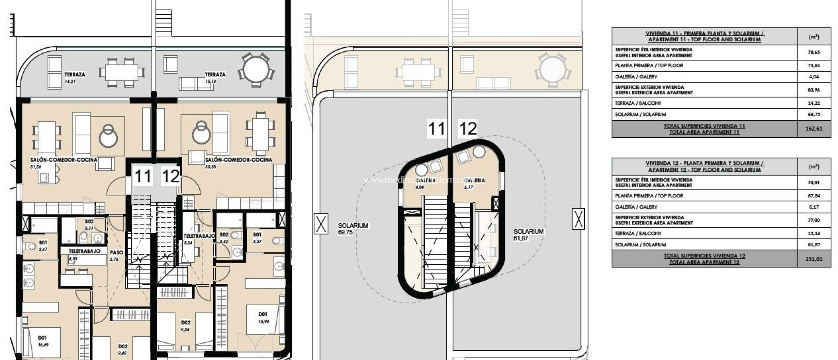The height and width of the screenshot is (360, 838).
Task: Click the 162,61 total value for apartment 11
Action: coord(813,128)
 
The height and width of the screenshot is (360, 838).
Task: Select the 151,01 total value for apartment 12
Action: coord(813,259)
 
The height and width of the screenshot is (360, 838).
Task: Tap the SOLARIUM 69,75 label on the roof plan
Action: coord(353,229)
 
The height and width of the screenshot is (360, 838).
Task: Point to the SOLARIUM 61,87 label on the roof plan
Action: coord(528,234)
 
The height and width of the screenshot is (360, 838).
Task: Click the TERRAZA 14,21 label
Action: coord(74,78)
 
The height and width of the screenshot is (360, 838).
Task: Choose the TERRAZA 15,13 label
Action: coord(215,78)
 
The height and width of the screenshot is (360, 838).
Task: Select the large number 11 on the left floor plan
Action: coord(143,177)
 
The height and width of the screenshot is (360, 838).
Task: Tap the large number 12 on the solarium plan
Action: coord(468,129)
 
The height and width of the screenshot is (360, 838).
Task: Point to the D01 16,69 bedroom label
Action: coord(43,341)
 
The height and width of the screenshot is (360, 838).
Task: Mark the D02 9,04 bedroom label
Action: coord(185,326)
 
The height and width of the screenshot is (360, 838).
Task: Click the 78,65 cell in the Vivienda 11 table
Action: coord(813,52)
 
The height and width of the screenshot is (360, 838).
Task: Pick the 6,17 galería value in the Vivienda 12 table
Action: coord(813,207)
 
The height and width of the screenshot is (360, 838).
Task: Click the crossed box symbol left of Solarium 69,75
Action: coord(321,224)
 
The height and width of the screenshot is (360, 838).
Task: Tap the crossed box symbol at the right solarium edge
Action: coord(578,218)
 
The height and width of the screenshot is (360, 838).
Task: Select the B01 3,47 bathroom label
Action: coord(43,245)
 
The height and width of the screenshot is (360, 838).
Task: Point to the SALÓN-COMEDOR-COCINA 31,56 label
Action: coord(63,162)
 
